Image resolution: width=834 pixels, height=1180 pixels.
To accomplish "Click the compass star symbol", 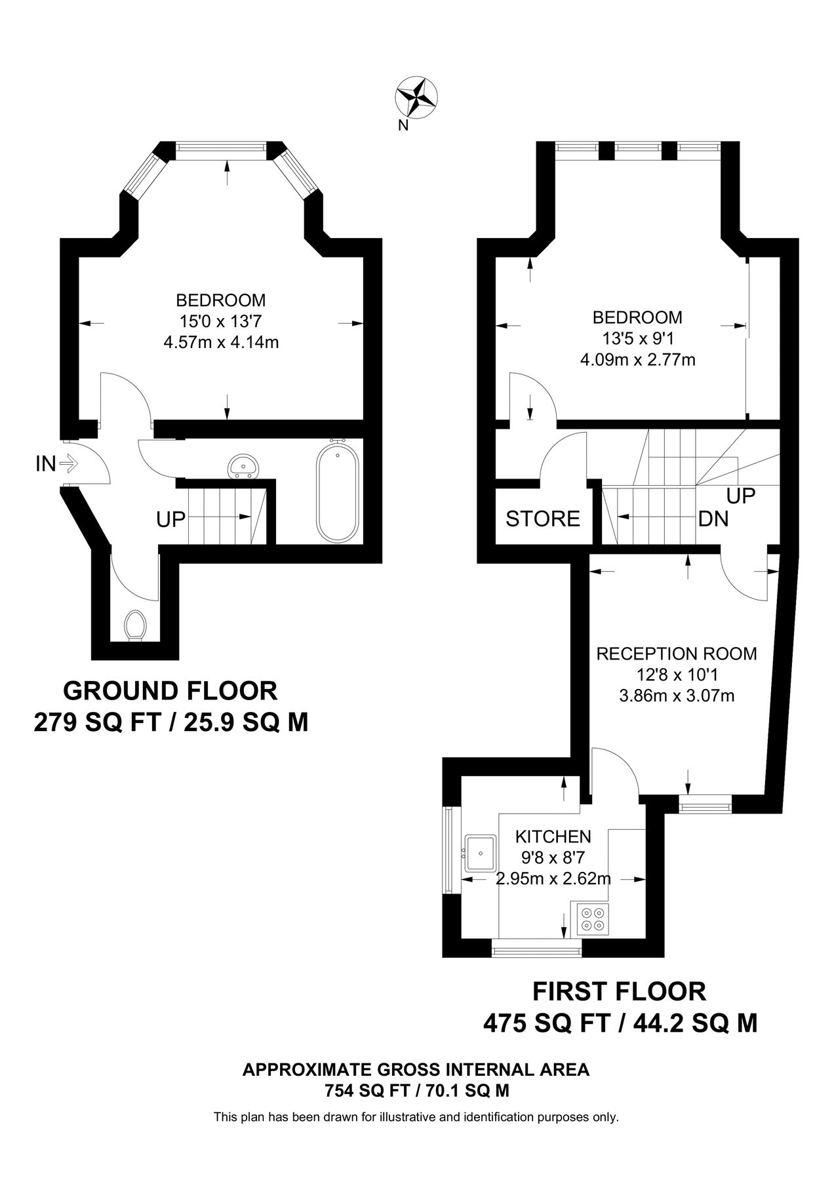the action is [x=417, y=96].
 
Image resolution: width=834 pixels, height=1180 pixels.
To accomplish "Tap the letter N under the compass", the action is [x=403, y=127].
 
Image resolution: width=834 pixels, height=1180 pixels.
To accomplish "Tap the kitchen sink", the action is [x=481, y=854].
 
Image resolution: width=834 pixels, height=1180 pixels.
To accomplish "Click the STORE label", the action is [x=543, y=519].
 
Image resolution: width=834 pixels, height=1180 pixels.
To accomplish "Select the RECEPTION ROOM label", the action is [x=677, y=654].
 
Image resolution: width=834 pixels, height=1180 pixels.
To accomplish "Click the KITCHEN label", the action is [x=553, y=836].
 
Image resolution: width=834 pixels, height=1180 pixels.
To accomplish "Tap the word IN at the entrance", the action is [x=45, y=464].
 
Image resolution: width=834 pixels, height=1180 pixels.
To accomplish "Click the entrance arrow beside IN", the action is [x=69, y=464].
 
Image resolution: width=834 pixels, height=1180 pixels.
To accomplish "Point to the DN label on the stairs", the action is [x=713, y=519].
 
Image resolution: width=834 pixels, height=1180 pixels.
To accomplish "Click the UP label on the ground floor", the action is [x=171, y=520].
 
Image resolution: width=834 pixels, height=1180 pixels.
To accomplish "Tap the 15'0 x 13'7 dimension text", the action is [x=221, y=321].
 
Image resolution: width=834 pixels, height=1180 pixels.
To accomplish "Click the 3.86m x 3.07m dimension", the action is [x=677, y=696].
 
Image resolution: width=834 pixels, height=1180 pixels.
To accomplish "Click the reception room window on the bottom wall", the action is [x=705, y=804].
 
